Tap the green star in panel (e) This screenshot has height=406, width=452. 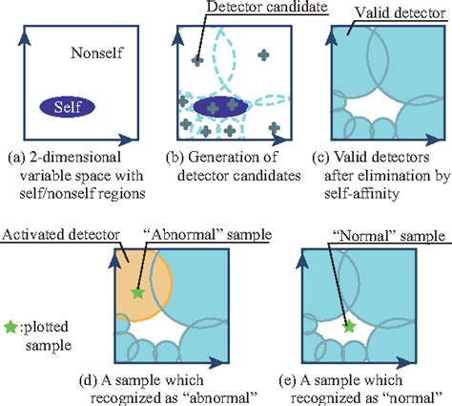[x=350, y=327]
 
